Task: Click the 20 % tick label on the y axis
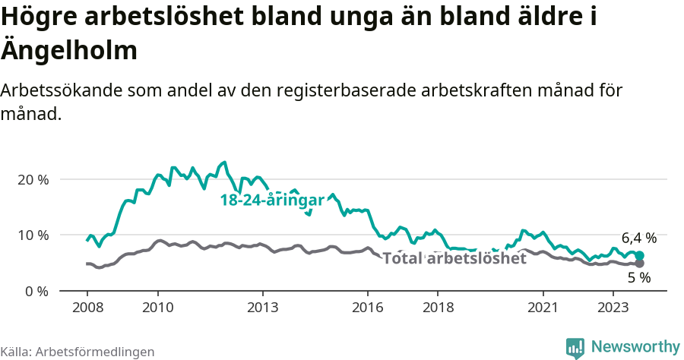(32, 179)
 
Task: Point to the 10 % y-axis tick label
(32, 235)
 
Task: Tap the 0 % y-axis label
(36, 291)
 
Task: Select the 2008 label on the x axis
(87, 308)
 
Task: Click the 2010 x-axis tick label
(157, 308)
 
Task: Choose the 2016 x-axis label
(368, 308)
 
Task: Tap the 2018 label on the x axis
(438, 308)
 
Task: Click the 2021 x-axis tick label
(543, 308)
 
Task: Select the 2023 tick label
(613, 308)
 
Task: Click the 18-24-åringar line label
(272, 201)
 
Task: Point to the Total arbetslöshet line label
(454, 259)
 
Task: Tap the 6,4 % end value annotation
(638, 238)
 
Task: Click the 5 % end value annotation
(639, 278)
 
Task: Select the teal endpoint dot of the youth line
(639, 256)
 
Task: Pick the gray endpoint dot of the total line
(639, 264)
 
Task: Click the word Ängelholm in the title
(69, 51)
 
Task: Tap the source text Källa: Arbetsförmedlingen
(78, 352)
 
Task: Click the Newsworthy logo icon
(575, 348)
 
